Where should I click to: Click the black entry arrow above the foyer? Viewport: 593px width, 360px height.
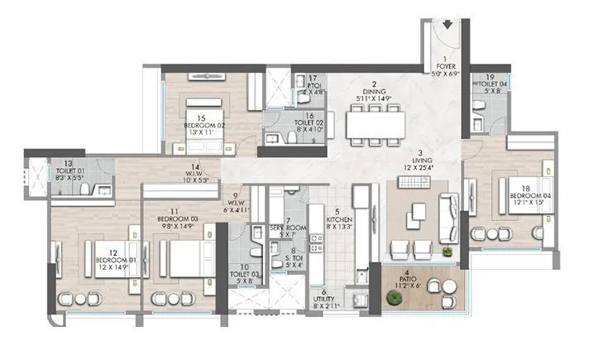447,24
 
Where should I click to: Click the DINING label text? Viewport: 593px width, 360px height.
374,93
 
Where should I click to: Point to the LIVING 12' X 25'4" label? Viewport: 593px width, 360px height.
421,162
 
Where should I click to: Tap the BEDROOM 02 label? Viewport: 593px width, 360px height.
203,127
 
